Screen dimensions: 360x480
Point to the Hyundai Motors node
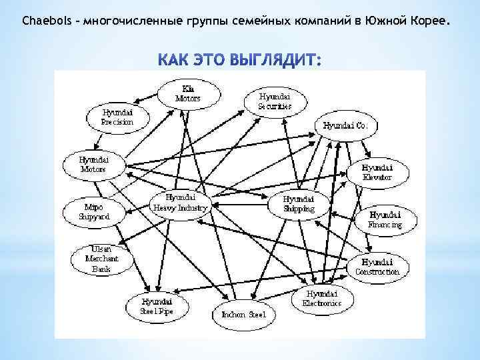93,165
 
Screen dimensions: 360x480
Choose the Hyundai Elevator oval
377,173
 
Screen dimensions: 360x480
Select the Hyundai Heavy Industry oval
181,203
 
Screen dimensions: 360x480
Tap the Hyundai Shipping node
299,204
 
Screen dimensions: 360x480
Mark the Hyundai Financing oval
385,220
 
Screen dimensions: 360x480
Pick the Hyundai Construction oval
377,267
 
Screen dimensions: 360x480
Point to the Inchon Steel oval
239,314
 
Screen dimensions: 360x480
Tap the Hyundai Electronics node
321,298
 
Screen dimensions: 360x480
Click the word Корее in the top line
427,22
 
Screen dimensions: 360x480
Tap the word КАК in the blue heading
175,61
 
